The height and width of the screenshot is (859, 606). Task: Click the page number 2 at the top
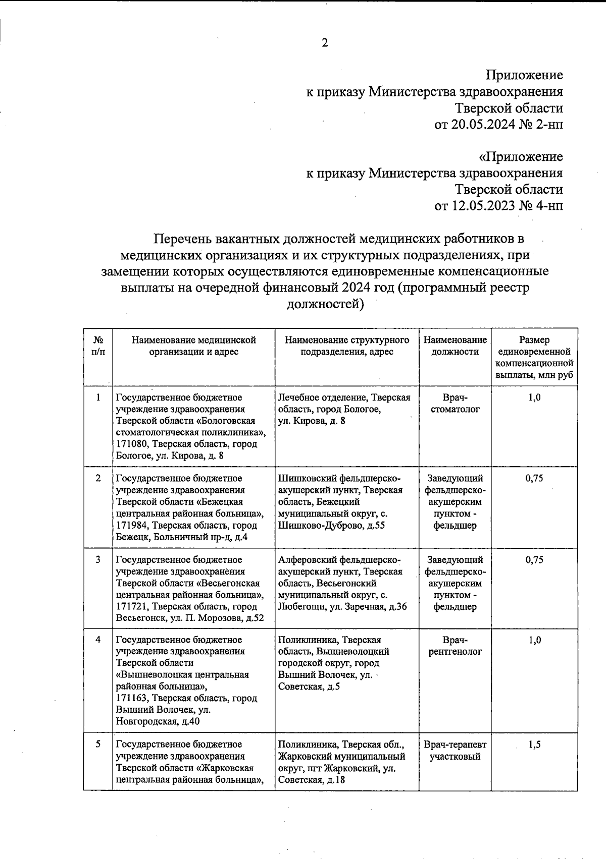[325, 43]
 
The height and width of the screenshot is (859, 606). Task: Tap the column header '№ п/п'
[98, 346]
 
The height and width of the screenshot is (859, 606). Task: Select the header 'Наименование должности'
[455, 346]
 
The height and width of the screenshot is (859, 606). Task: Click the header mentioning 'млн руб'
[534, 358]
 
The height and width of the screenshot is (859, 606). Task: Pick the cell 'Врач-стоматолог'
[455, 404]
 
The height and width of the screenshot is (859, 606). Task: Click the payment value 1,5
[535, 745]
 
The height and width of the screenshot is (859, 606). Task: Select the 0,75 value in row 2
[534, 478]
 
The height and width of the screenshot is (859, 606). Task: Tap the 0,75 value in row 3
[534, 560]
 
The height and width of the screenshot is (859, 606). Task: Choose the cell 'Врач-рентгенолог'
[455, 646]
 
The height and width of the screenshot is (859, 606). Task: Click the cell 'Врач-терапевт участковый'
[455, 751]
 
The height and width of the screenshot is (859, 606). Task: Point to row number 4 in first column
[98, 640]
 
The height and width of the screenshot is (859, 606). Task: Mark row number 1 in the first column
[98, 397]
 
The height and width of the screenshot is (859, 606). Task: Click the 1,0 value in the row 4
[534, 640]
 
